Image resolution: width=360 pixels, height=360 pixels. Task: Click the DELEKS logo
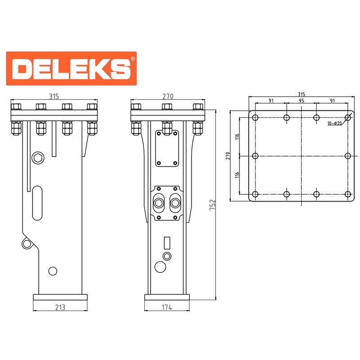coord(72,68)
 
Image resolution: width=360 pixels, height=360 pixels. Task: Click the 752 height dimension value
coord(212,205)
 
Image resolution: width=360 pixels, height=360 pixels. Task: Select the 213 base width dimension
coord(60,307)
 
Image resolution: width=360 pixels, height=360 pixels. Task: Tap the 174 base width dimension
coord(167,307)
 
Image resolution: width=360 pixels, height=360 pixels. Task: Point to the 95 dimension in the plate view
coord(301,100)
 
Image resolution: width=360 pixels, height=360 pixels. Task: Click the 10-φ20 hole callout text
coord(334,123)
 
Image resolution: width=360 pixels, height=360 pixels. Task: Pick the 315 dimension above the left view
coord(54,96)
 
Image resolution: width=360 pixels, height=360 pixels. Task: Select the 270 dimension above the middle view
coord(168,96)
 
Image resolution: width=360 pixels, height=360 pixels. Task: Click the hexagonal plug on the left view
coord(38,158)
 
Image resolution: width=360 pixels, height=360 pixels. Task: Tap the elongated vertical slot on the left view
coord(37,203)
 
